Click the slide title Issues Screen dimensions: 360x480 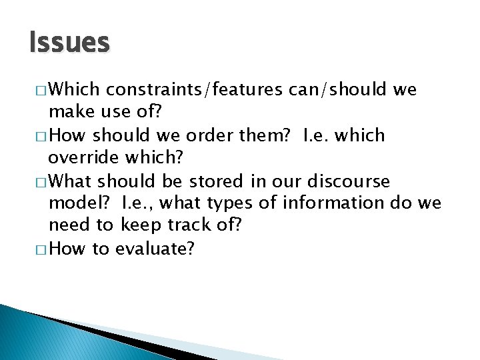[69, 43]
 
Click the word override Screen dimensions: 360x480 [81, 159]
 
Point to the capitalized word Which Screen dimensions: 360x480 [75, 89]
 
